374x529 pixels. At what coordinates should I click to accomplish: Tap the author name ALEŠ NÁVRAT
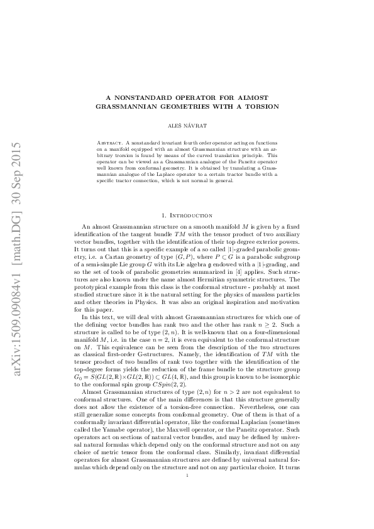186,126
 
